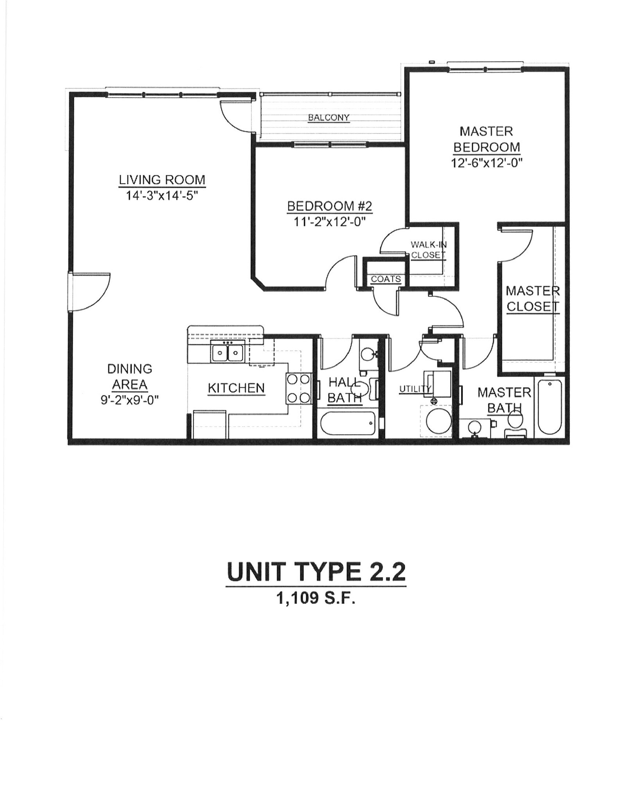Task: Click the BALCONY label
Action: [x=328, y=117]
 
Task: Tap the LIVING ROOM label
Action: [x=162, y=180]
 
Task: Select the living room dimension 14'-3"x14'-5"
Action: [x=162, y=194]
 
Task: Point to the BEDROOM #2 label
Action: [x=330, y=206]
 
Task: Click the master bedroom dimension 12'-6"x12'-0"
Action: [x=487, y=162]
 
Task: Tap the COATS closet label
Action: [x=386, y=279]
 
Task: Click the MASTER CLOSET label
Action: [x=533, y=298]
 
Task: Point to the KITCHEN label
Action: [x=236, y=388]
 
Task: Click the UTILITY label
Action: [x=415, y=389]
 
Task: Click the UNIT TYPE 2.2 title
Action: [x=316, y=572]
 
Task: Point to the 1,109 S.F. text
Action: [x=316, y=598]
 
